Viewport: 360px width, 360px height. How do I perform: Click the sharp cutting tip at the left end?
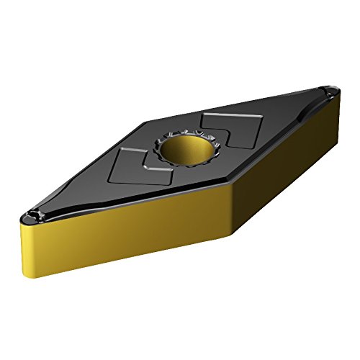coord(19,213)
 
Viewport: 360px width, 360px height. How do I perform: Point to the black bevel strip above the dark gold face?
coord(288,133)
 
